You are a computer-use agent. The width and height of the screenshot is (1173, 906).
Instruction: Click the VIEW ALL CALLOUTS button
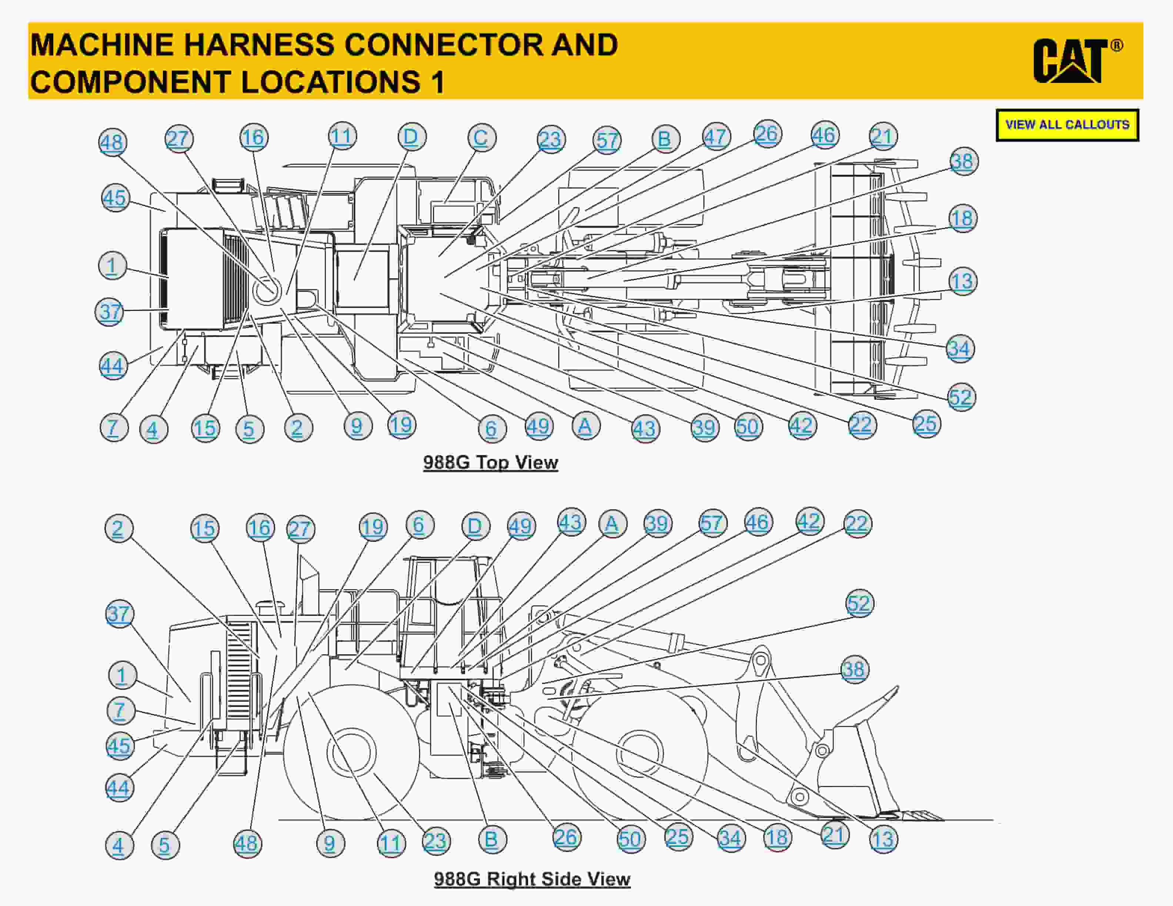(x=1067, y=125)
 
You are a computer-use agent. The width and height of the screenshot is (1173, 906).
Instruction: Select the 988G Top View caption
(x=490, y=462)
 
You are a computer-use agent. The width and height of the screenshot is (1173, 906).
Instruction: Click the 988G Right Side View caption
(x=532, y=879)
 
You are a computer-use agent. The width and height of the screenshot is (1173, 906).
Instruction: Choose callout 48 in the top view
(x=113, y=143)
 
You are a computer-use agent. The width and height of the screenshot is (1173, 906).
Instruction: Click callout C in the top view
(x=481, y=138)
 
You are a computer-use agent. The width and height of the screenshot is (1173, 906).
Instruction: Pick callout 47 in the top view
(x=716, y=137)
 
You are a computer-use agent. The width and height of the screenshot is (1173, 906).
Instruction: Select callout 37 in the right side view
(x=119, y=614)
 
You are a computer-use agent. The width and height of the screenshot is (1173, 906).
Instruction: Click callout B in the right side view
(x=491, y=839)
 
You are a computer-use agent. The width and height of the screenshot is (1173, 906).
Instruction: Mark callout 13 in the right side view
(x=883, y=839)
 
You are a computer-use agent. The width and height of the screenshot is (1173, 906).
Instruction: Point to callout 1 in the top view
(x=112, y=266)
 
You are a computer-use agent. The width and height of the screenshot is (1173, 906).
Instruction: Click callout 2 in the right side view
(x=119, y=528)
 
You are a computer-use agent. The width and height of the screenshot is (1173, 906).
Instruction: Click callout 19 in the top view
(x=401, y=425)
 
